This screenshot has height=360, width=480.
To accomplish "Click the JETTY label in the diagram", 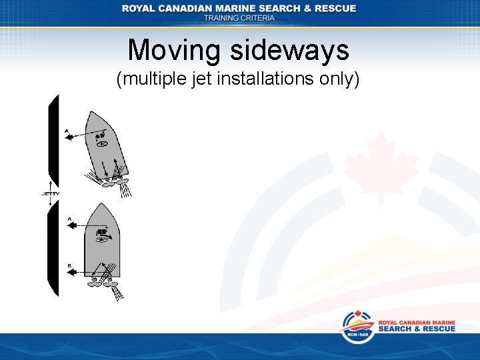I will click(51, 194).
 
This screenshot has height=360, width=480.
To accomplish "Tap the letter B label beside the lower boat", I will click(69, 265).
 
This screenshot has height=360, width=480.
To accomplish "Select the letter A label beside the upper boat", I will click(67, 131).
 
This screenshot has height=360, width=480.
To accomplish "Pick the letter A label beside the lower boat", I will click(69, 218).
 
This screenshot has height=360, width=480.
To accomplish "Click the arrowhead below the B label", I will click(71, 272).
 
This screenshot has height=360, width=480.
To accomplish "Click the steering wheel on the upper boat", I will click(102, 143).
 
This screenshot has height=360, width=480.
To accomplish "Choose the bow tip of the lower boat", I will click(101, 205).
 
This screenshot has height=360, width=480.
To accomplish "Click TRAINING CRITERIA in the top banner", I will click(239, 18).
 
